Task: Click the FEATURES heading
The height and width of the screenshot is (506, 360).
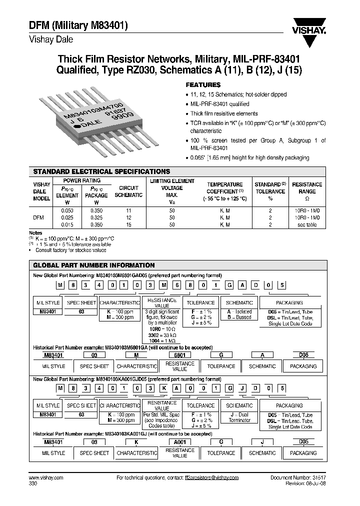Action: (203, 85)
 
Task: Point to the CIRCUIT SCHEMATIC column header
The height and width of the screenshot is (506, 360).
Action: (128, 191)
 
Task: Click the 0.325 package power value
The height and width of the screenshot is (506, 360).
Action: (97, 218)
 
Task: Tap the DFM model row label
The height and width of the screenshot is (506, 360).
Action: (38, 218)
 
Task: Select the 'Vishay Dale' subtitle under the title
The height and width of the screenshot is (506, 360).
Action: (50, 39)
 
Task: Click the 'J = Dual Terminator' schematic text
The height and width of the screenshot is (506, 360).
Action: (239, 417)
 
